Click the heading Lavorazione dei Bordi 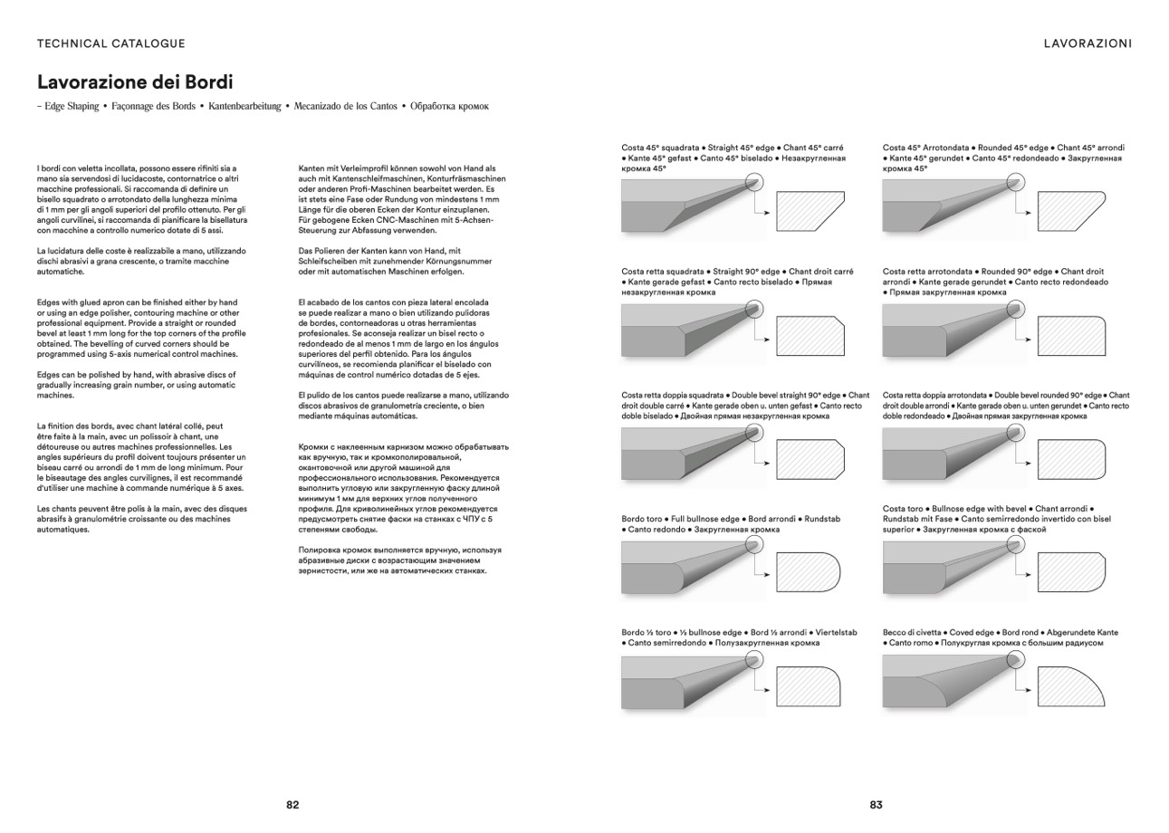[x=135, y=82]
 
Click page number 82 [x=292, y=805]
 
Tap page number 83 [x=876, y=805]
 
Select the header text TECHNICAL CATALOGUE [x=111, y=43]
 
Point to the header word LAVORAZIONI [x=1088, y=43]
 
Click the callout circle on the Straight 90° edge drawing [x=760, y=309]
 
